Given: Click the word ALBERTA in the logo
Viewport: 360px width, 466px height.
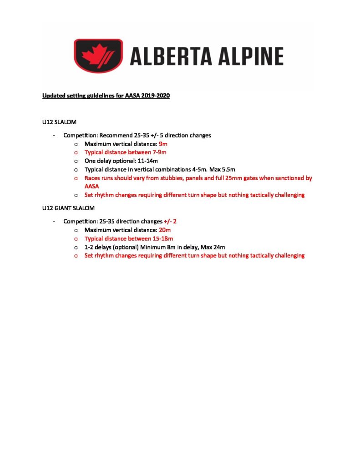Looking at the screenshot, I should tap(171, 56).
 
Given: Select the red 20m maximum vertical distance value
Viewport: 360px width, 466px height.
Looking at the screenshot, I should tap(165, 230).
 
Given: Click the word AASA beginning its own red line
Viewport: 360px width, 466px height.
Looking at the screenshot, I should tap(92, 187).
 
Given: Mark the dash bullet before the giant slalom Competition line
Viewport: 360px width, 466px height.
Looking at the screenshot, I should tap(55, 221).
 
